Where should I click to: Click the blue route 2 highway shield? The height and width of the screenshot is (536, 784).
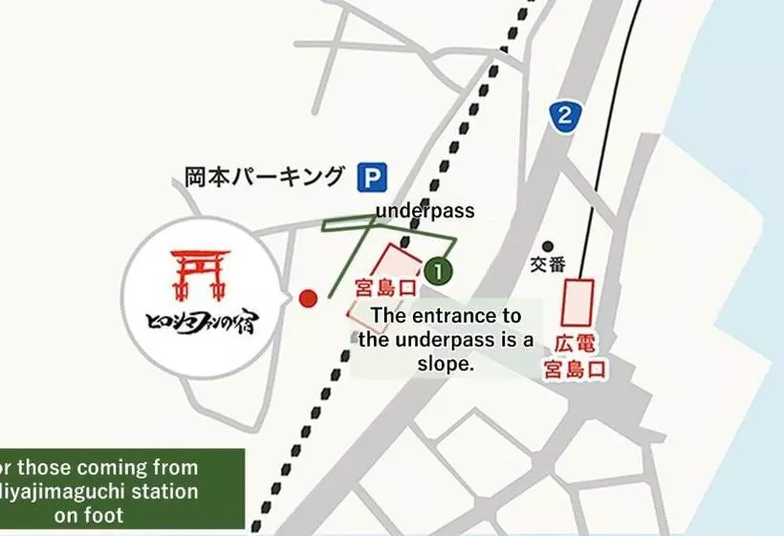pos(565,117)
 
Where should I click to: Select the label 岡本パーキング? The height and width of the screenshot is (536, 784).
pos(264,177)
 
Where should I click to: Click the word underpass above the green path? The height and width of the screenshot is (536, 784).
pos(425,211)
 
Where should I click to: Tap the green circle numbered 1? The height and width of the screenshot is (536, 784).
pos(438,272)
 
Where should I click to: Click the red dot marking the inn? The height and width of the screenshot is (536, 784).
pos(307,299)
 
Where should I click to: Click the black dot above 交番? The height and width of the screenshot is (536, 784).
pos(548,246)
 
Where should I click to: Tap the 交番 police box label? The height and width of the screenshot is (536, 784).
pos(549,266)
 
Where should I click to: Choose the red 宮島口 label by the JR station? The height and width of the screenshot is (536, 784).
pos(385,288)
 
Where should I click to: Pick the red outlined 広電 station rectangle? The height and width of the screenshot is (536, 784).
pos(578,302)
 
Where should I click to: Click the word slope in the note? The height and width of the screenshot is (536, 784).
pos(446,364)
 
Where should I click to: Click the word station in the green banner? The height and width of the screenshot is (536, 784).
pos(157,492)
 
